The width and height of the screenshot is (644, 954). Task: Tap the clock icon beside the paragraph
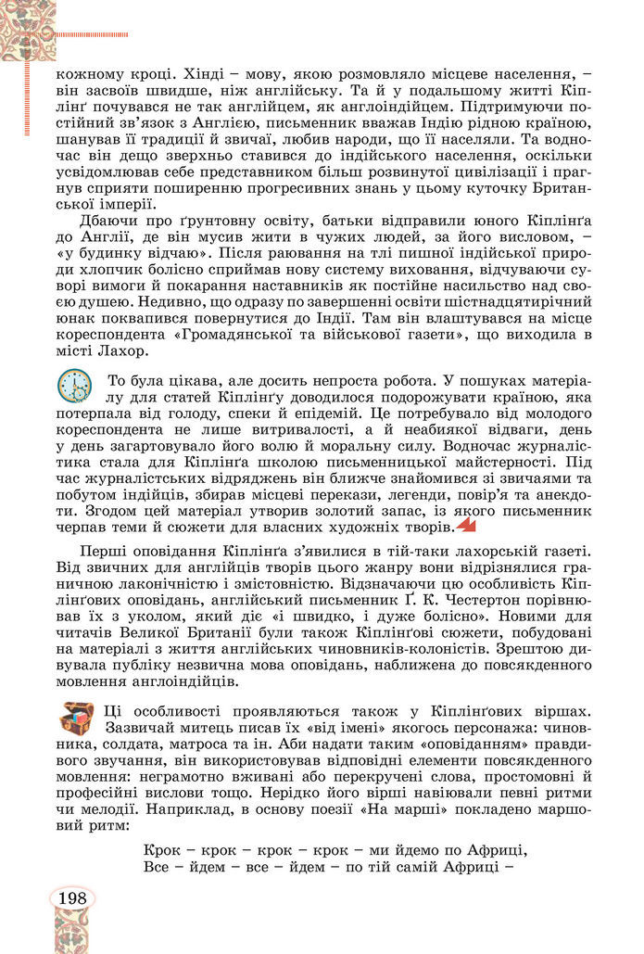(73, 384)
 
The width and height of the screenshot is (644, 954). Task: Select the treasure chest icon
(76, 717)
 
